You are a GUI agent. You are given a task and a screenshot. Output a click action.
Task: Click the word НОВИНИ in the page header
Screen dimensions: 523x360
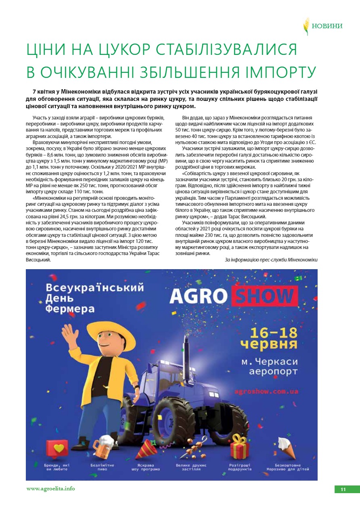click(327, 26)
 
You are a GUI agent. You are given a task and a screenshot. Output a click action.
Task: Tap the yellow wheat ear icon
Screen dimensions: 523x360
click(306, 26)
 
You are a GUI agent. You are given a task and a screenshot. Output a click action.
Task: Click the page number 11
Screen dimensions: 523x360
click(343, 490)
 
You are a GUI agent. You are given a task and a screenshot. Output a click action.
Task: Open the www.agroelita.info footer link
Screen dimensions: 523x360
click(50, 489)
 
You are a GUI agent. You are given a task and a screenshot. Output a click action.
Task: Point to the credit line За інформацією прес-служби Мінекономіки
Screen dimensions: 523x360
click(271, 260)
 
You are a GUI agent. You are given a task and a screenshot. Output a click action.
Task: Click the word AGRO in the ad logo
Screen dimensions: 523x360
click(198, 296)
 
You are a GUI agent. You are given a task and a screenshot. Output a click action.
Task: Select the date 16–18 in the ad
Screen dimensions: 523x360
click(274, 333)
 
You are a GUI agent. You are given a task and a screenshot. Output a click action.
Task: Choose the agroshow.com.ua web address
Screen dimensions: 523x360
click(272, 391)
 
